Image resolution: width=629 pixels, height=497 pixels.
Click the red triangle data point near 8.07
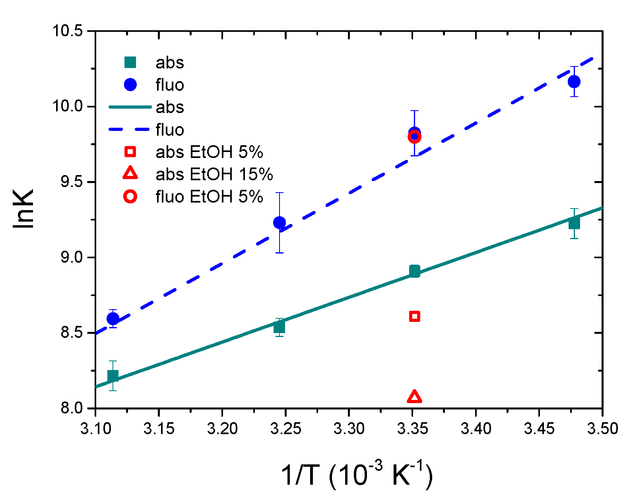[x=414, y=397]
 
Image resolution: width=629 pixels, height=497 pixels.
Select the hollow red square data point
[x=414, y=316]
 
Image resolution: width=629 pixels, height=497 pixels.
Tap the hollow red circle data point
[x=414, y=137]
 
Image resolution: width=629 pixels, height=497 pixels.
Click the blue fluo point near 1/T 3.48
[x=574, y=82]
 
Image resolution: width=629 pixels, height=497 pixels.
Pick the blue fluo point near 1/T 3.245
[x=280, y=222]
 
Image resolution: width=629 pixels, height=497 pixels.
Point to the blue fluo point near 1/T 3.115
[x=113, y=318]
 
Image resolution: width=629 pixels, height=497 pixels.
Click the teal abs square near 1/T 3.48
[x=574, y=224]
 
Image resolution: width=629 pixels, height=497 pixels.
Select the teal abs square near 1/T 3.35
[x=414, y=271]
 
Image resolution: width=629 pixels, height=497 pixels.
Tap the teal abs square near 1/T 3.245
[x=280, y=327]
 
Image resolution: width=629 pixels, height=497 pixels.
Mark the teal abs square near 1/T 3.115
[x=113, y=376]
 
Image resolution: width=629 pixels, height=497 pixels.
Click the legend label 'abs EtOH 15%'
[x=214, y=174]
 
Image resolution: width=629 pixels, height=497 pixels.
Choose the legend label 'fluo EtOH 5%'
[x=209, y=197]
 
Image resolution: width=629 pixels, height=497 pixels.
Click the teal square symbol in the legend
[x=130, y=62]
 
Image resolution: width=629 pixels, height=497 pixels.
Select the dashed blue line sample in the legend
[x=130, y=130]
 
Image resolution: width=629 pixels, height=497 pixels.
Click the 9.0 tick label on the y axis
[x=71, y=257]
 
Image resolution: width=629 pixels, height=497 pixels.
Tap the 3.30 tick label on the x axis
[x=349, y=429]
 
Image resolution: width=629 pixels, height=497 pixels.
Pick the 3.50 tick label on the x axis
[x=602, y=429]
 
